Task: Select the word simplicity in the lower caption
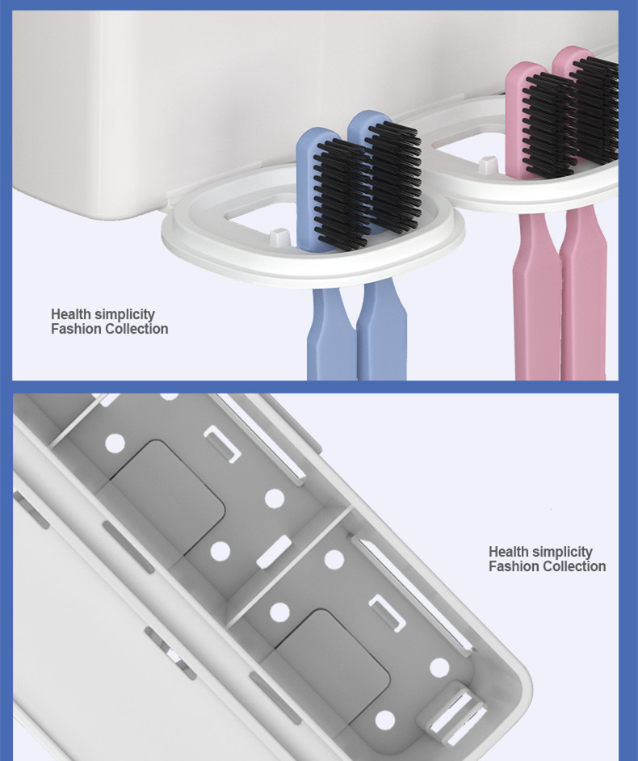(562, 553)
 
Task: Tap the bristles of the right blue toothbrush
(393, 176)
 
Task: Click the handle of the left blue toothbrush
(331, 334)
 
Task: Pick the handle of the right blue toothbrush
(382, 330)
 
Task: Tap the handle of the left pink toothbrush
(536, 296)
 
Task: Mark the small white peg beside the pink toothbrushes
(488, 165)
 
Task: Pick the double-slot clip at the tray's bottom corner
(456, 713)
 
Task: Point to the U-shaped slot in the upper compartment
(223, 444)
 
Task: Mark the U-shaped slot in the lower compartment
(387, 613)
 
